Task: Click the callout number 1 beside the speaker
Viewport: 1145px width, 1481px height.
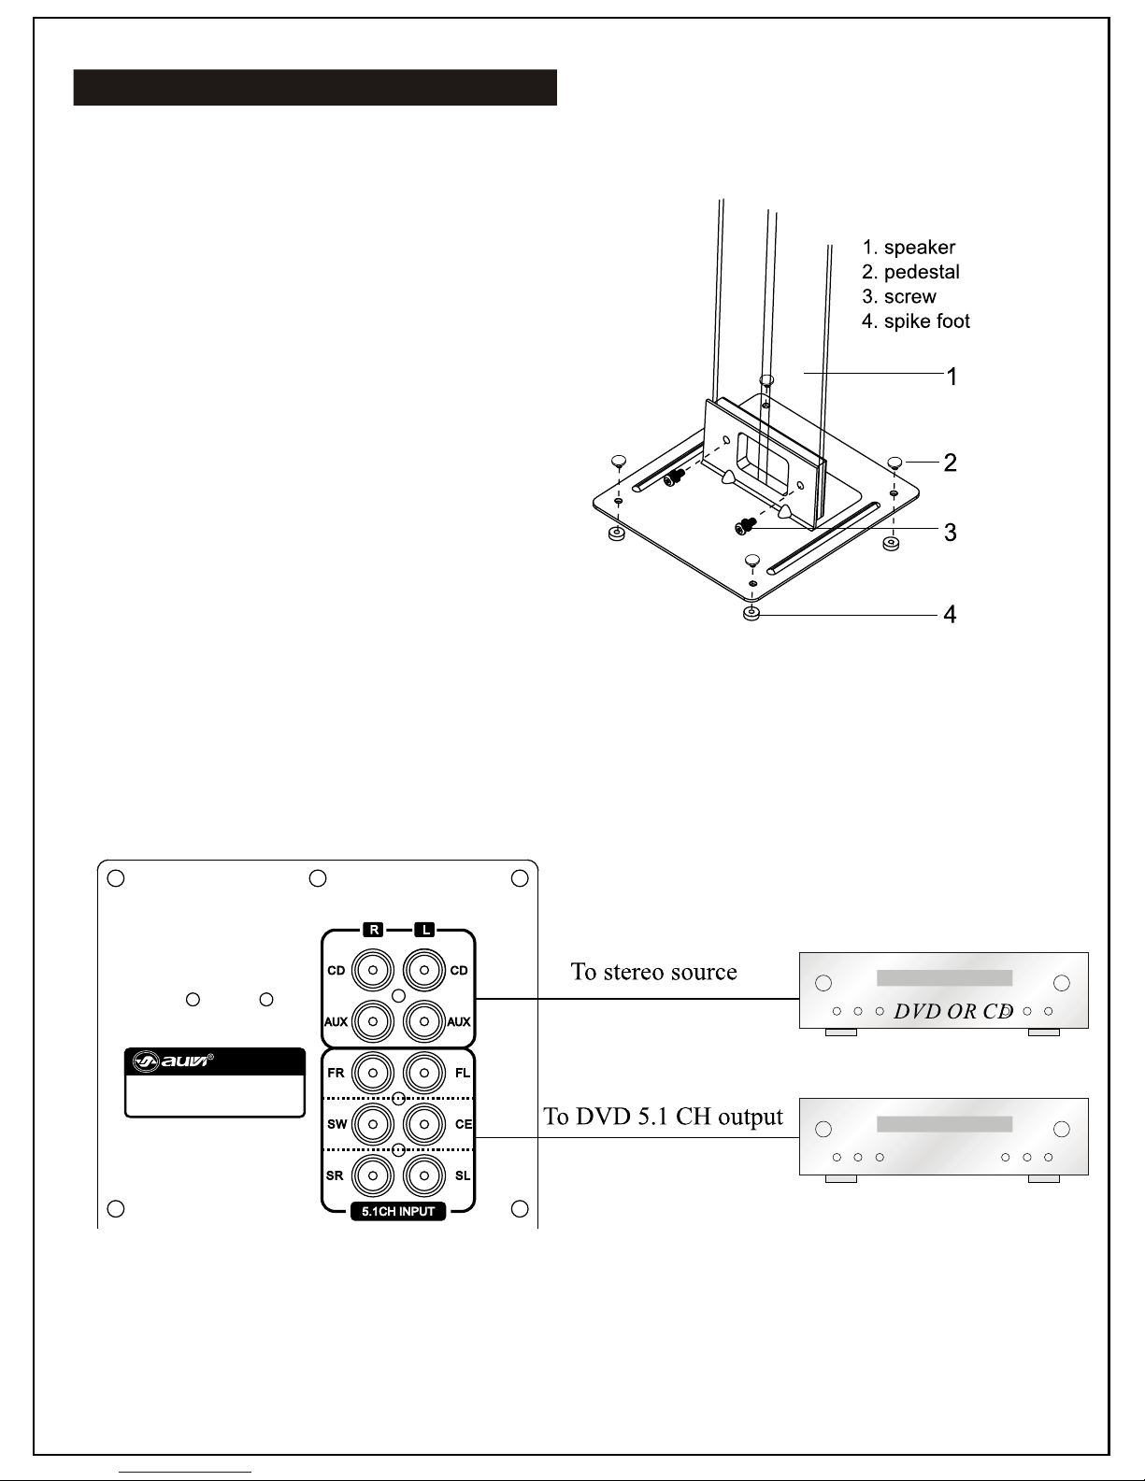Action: click(x=952, y=377)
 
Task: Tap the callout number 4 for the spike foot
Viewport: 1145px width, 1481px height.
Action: click(x=950, y=615)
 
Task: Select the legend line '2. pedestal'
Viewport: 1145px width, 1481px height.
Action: click(x=910, y=272)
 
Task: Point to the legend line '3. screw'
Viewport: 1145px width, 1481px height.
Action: click(x=899, y=296)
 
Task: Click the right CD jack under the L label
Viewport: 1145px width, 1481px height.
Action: click(x=424, y=970)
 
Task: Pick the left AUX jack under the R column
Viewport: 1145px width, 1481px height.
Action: click(x=373, y=1021)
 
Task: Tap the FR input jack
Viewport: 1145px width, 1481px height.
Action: click(x=373, y=1073)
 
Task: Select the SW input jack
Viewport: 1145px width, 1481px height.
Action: click(x=373, y=1124)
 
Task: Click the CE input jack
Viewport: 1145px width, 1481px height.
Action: click(x=424, y=1124)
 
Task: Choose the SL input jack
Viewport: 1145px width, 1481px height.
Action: click(x=424, y=1175)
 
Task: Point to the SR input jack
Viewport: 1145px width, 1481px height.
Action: click(x=373, y=1175)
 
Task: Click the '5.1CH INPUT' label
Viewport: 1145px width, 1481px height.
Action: click(x=398, y=1211)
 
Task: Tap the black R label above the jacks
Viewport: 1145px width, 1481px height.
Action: click(x=374, y=930)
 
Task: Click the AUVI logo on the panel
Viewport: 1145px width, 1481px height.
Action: click(x=172, y=1061)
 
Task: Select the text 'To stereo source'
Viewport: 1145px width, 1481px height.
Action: click(x=653, y=972)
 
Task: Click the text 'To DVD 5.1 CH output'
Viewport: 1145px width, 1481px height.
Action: click(x=663, y=1117)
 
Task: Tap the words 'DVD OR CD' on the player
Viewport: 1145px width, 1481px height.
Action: click(x=953, y=1011)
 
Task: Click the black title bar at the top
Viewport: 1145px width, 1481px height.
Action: click(x=315, y=87)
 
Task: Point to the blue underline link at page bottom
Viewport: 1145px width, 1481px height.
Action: click(x=185, y=1473)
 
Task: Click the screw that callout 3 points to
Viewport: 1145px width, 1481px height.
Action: click(x=746, y=526)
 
